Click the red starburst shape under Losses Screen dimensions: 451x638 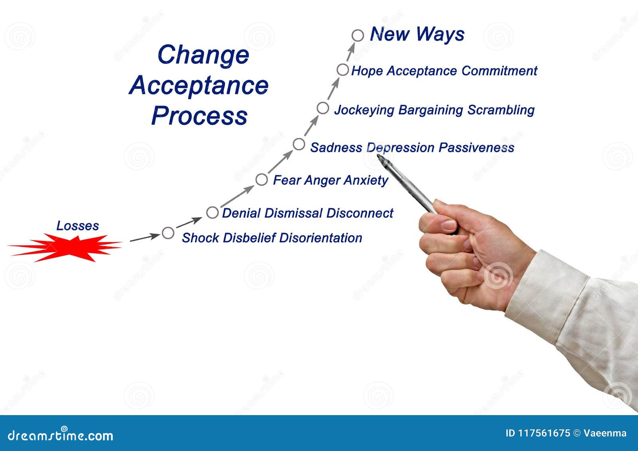tap(66, 247)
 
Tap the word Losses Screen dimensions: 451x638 tap(77, 226)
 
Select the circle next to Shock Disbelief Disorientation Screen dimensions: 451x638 tap(168, 233)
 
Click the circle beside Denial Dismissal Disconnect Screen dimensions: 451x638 tap(212, 213)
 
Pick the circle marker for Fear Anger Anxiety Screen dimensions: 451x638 tap(261, 180)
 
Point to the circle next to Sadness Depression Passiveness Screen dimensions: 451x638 tap(299, 144)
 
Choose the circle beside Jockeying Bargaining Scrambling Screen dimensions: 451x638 tap(323, 108)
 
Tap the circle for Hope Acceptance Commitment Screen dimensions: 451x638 tap(343, 70)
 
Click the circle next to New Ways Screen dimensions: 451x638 tap(358, 35)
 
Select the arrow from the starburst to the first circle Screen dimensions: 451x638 tap(144, 238)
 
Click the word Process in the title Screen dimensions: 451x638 tap(199, 116)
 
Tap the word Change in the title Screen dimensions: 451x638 tap(203, 55)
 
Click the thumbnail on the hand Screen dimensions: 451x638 tap(448, 225)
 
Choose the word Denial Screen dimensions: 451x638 tap(242, 213)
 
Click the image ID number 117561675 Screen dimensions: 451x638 tap(544, 433)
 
